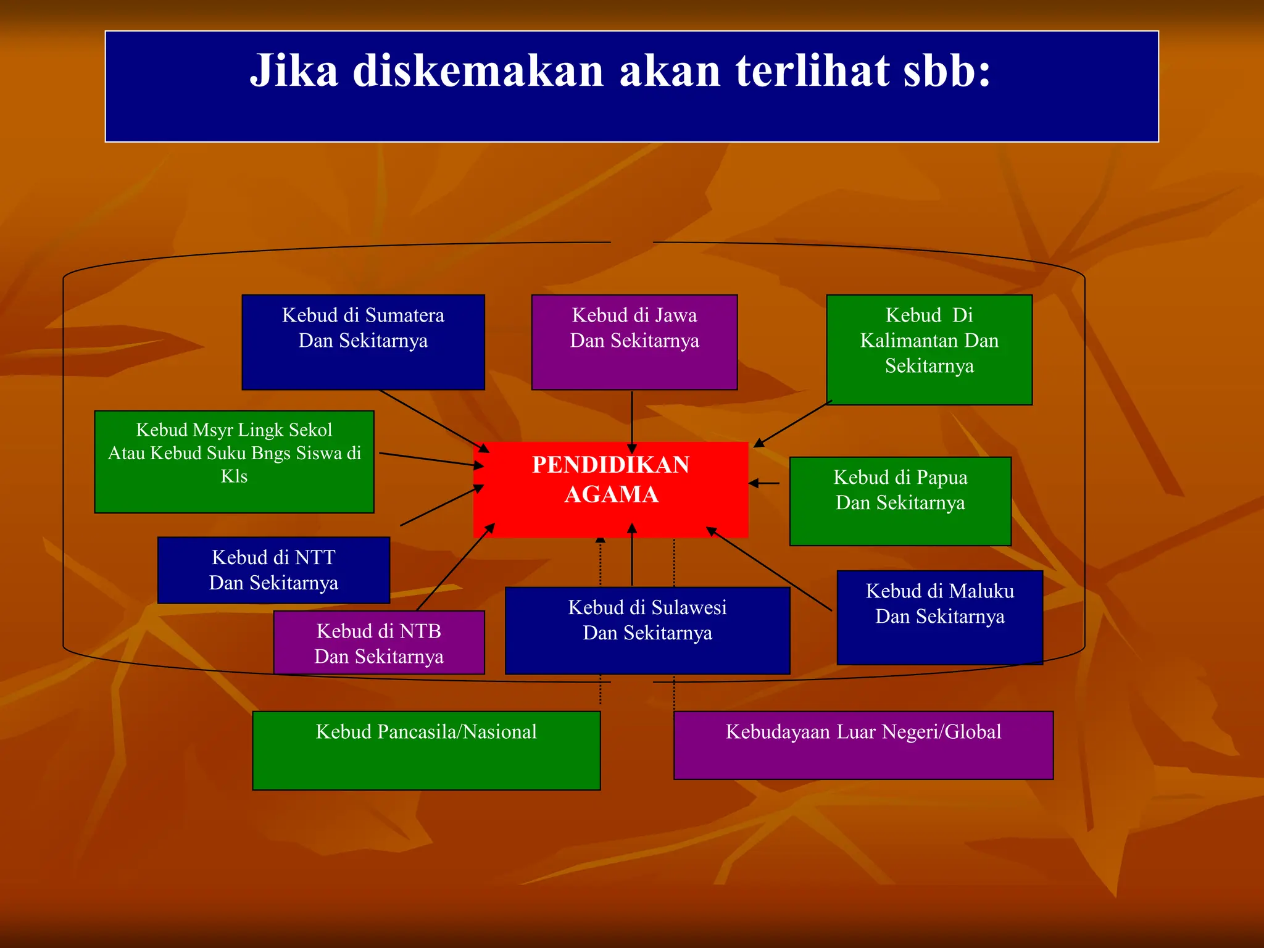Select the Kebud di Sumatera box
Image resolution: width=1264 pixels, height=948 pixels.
[x=363, y=342]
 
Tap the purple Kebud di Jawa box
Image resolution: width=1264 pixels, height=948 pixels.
[x=634, y=342]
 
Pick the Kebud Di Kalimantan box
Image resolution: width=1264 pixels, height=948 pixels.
[x=929, y=349]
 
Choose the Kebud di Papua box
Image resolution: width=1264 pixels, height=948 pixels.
[x=900, y=501]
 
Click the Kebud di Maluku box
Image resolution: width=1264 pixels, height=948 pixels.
[x=939, y=617]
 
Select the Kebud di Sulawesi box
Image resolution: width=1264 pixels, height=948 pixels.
[x=647, y=630]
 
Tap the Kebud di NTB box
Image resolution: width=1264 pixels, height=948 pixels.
[x=379, y=642]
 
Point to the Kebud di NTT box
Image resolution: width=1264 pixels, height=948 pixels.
[x=273, y=570]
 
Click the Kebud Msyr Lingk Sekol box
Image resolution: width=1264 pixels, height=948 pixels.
[x=234, y=461]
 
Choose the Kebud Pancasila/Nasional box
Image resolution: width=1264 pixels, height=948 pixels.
[x=426, y=750]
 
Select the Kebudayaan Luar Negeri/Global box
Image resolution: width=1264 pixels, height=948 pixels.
[x=863, y=745]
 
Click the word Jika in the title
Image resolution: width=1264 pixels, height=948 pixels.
[x=294, y=70]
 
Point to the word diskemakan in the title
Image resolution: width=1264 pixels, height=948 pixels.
[x=478, y=70]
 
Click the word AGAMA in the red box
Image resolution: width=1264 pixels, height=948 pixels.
[x=611, y=494]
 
